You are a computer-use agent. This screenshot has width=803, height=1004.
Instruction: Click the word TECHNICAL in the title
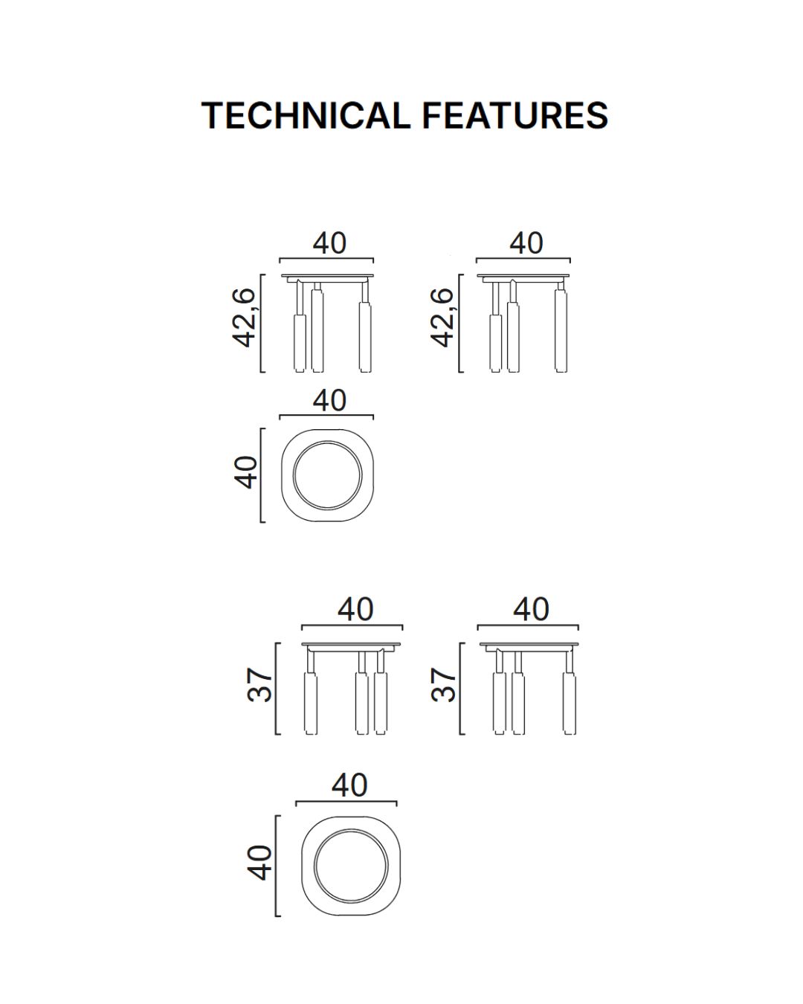(x=306, y=115)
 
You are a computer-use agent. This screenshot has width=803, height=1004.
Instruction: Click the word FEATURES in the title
(x=515, y=115)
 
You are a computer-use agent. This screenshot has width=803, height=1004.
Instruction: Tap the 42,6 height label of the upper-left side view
(x=244, y=318)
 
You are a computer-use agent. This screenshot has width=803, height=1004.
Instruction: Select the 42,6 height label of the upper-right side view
(x=442, y=318)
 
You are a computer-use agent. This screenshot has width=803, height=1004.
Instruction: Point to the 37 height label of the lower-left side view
(x=259, y=685)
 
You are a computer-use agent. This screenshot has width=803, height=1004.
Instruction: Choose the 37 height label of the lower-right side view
(x=443, y=685)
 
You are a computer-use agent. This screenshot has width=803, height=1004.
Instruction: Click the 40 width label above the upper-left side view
(x=329, y=243)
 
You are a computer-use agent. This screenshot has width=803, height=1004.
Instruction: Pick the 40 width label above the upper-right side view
(x=526, y=243)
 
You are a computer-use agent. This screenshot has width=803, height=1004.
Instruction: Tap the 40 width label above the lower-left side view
(x=355, y=609)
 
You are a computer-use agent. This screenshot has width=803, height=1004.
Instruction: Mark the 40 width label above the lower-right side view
(x=531, y=609)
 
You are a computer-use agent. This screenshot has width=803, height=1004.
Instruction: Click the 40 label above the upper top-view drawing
(x=329, y=400)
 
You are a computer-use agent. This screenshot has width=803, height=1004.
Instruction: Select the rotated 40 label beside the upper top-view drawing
(x=245, y=472)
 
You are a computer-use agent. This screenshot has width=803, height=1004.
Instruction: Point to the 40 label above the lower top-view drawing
(x=349, y=785)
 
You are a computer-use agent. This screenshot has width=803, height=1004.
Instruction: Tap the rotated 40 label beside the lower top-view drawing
(x=259, y=863)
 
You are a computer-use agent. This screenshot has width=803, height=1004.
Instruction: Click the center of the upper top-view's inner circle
(x=328, y=475)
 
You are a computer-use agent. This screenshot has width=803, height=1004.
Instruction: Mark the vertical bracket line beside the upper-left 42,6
(x=261, y=324)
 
